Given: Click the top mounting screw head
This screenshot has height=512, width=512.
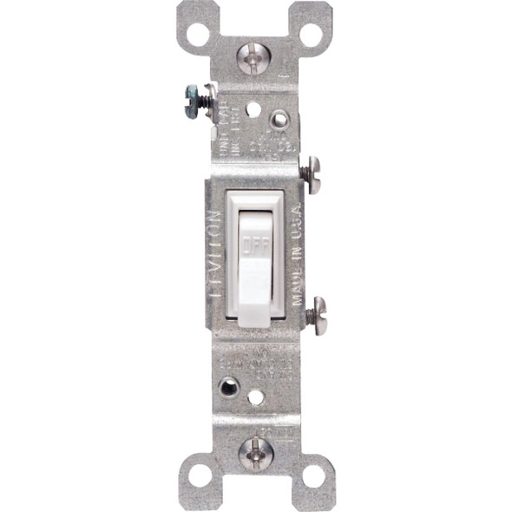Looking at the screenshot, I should [254, 58].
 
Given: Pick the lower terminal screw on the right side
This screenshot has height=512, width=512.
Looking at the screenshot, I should [315, 311].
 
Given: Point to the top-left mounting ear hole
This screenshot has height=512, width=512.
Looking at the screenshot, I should [198, 35].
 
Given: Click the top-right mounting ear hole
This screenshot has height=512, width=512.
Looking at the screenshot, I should [311, 35].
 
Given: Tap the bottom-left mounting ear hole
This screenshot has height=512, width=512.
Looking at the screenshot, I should [199, 476].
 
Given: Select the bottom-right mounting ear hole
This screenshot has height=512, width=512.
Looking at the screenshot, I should [312, 476].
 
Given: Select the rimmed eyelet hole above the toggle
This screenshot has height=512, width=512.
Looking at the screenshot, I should [279, 119].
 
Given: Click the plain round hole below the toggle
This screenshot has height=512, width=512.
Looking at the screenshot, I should [255, 398].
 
